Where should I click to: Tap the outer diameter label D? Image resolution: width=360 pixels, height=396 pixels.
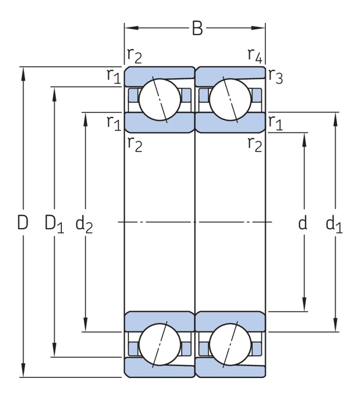[23, 223]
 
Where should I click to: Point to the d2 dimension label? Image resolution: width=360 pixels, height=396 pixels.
[84, 224]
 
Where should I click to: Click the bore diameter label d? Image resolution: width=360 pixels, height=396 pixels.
[303, 223]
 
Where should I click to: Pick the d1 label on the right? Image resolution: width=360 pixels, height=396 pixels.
[334, 224]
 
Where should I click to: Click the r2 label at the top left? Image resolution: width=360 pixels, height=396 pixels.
[135, 55]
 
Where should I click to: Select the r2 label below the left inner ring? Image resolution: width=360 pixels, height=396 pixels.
[135, 144]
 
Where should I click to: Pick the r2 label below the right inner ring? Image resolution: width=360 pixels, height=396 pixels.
[254, 144]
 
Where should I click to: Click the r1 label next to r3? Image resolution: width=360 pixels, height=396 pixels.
[275, 122]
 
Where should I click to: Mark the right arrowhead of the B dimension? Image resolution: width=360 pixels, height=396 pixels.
[259, 28]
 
